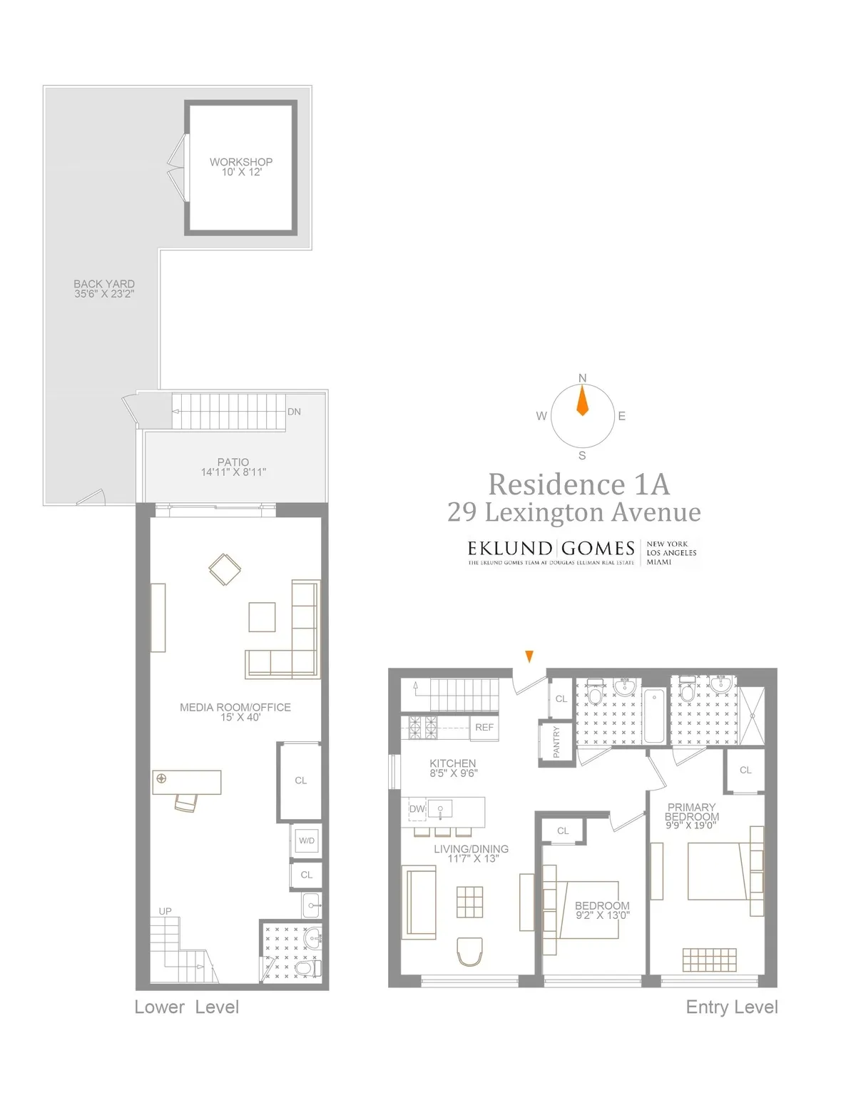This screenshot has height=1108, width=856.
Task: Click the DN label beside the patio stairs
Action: pyautogui.click(x=294, y=412)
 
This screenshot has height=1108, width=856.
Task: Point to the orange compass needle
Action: pyautogui.click(x=582, y=401)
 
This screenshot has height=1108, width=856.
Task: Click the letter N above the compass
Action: pyautogui.click(x=582, y=378)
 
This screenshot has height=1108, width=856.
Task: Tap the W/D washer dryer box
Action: pyautogui.click(x=307, y=840)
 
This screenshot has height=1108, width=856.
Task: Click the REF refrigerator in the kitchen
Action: pyautogui.click(x=484, y=727)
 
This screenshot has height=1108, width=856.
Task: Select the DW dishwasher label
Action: pyautogui.click(x=417, y=809)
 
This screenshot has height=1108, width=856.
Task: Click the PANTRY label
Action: pyautogui.click(x=557, y=743)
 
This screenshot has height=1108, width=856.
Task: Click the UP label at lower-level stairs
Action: pyautogui.click(x=165, y=911)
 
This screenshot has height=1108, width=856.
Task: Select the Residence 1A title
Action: pyautogui.click(x=579, y=484)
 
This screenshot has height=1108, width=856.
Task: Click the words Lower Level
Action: pyautogui.click(x=186, y=1007)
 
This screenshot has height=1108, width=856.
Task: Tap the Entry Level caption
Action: pyautogui.click(x=731, y=1007)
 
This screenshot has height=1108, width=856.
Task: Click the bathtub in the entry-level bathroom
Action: pyautogui.click(x=654, y=716)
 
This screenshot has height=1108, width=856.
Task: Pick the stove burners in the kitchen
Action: pyautogui.click(x=422, y=728)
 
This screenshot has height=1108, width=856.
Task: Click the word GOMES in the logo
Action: pyautogui.click(x=598, y=548)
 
